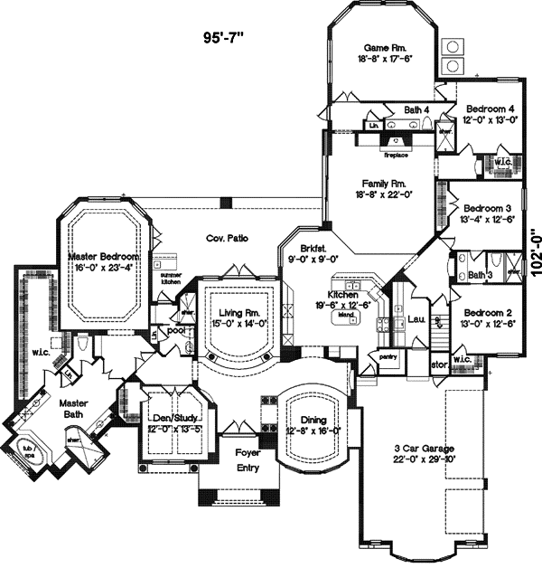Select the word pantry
click(388, 357)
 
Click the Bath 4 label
click(416, 110)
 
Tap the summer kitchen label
click(171, 279)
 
